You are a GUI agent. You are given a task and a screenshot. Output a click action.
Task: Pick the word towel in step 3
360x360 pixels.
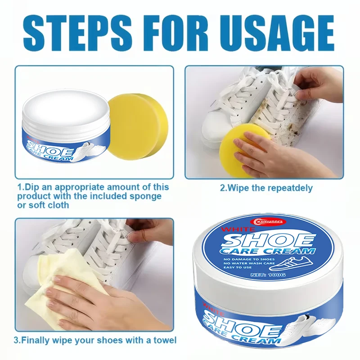[x=164, y=340]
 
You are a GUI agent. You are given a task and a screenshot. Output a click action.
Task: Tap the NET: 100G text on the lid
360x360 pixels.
[x=268, y=274]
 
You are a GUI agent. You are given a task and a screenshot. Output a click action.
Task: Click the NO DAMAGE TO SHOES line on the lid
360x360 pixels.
[x=249, y=259]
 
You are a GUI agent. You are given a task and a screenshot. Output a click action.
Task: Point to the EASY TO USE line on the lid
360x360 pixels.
[x=238, y=267]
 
